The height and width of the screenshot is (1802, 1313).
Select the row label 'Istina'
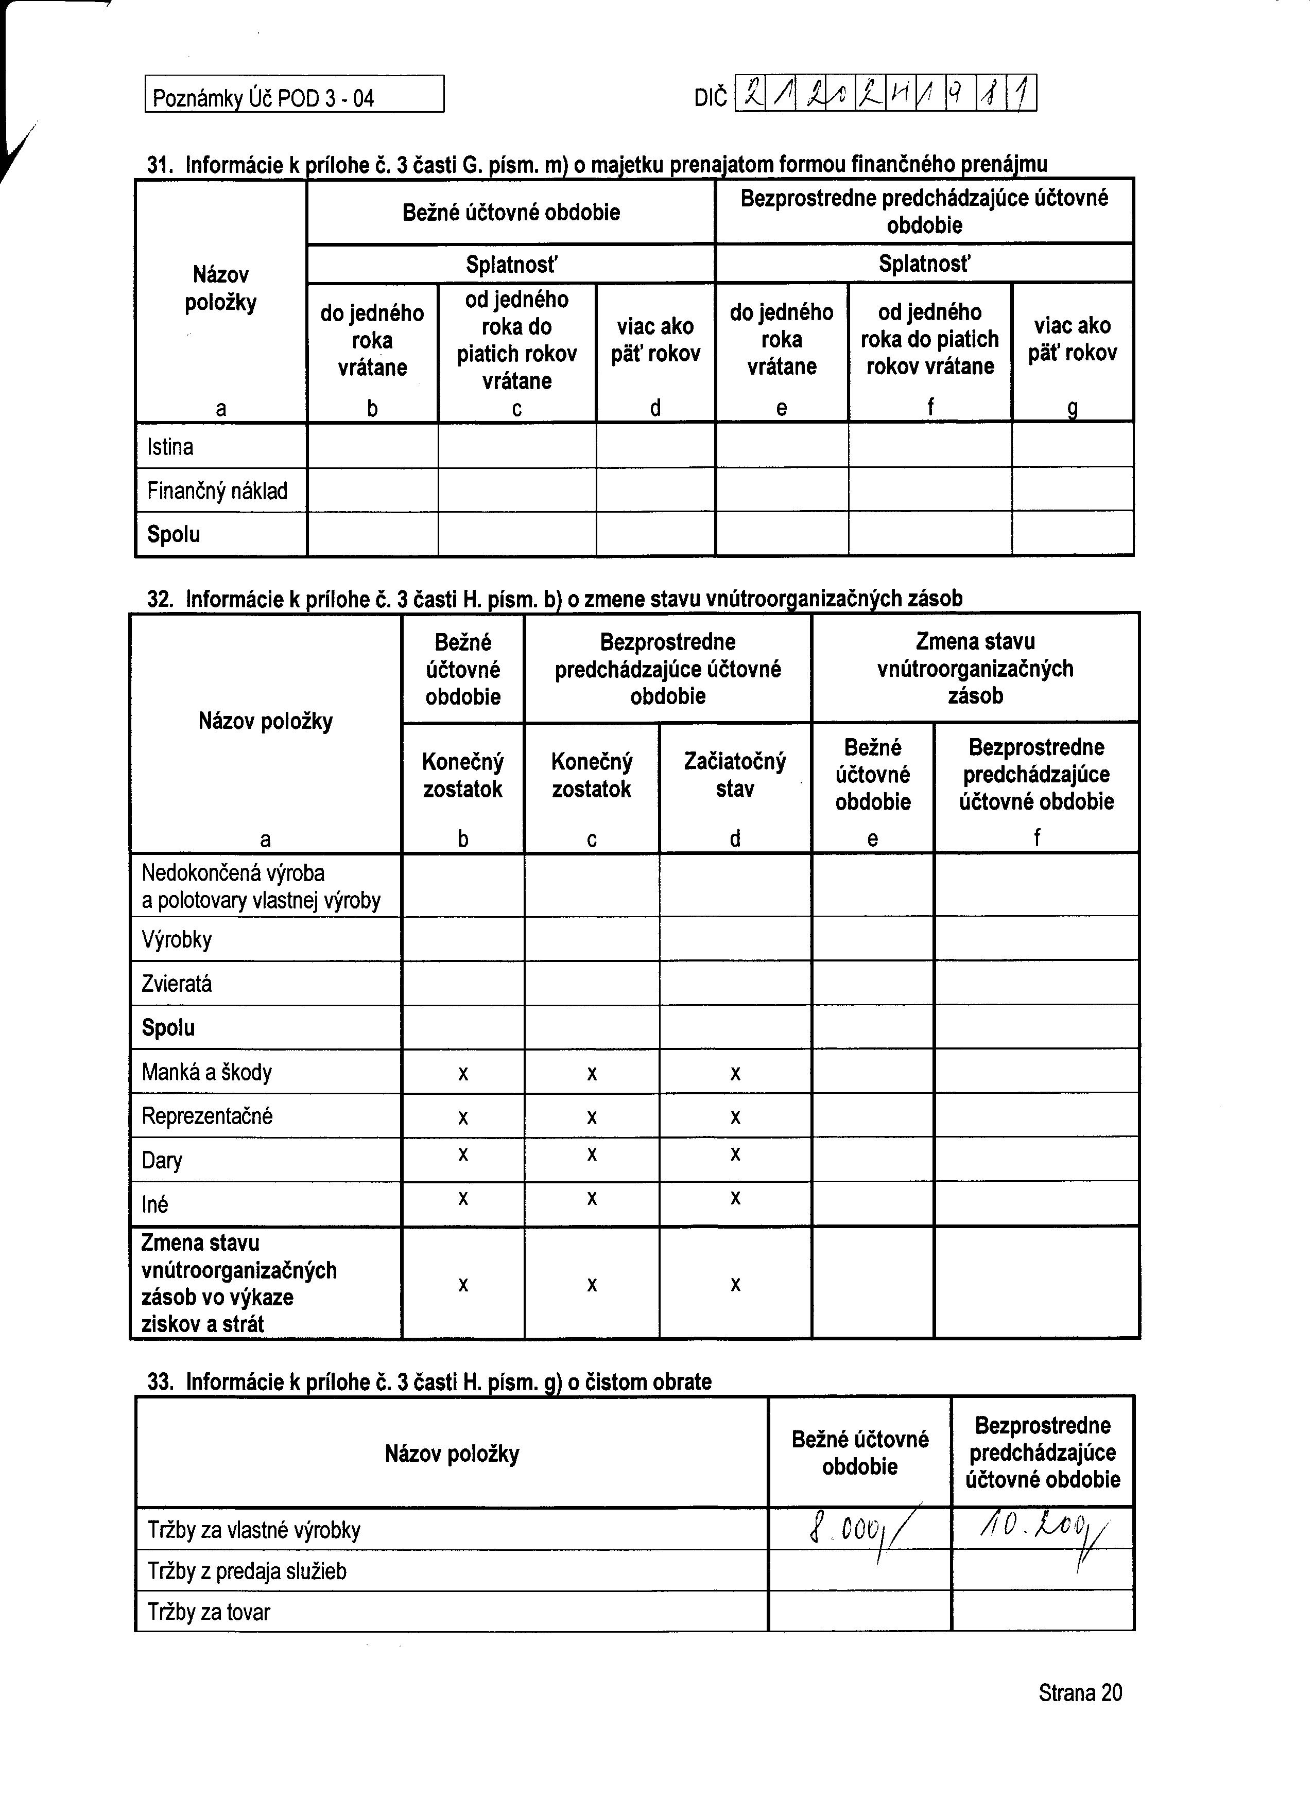[170, 447]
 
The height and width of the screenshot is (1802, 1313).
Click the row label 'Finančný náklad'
[217, 491]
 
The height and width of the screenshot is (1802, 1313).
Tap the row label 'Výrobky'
[177, 940]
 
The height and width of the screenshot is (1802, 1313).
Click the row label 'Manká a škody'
[206, 1073]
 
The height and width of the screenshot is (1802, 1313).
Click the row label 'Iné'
[155, 1204]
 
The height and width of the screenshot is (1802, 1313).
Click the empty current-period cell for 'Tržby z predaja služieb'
[859, 1571]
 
